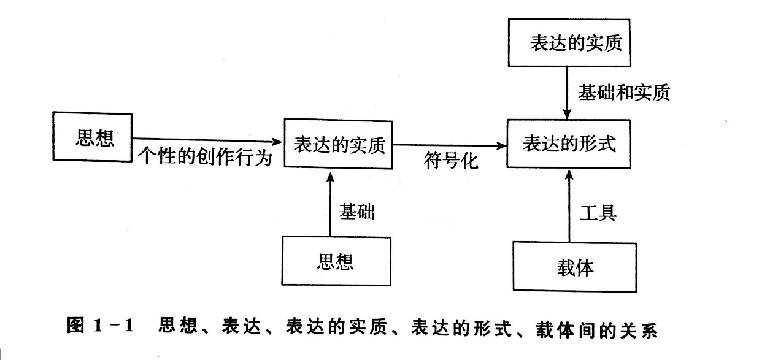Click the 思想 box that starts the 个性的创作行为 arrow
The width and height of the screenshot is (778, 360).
coord(93,137)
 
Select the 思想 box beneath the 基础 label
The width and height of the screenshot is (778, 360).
coord(336,262)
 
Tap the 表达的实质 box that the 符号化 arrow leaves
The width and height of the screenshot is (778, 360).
coord(339,145)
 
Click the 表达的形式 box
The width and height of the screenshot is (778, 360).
coord(568,144)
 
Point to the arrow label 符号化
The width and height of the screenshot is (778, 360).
coord(450,163)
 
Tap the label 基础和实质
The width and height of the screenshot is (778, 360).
coord(623,93)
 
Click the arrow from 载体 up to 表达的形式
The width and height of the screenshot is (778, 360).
coord(569,209)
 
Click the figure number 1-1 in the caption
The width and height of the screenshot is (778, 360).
coord(115,326)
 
